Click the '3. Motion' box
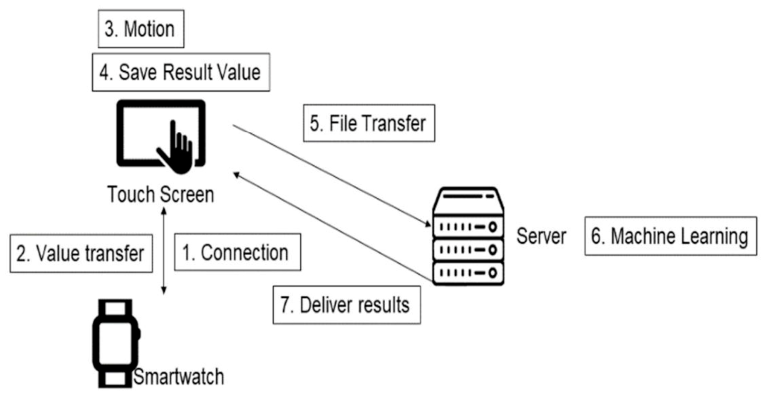(141, 29)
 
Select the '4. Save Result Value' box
(181, 72)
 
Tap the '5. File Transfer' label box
(369, 123)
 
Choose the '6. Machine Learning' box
(670, 236)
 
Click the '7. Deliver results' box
(346, 305)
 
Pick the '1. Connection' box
(237, 252)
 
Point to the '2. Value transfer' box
(81, 254)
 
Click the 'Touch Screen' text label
(161, 194)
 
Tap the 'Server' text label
(541, 236)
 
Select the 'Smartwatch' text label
(179, 377)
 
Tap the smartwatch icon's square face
(115, 343)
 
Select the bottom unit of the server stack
(468, 273)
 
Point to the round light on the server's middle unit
(493, 250)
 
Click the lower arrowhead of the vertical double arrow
(164, 290)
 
